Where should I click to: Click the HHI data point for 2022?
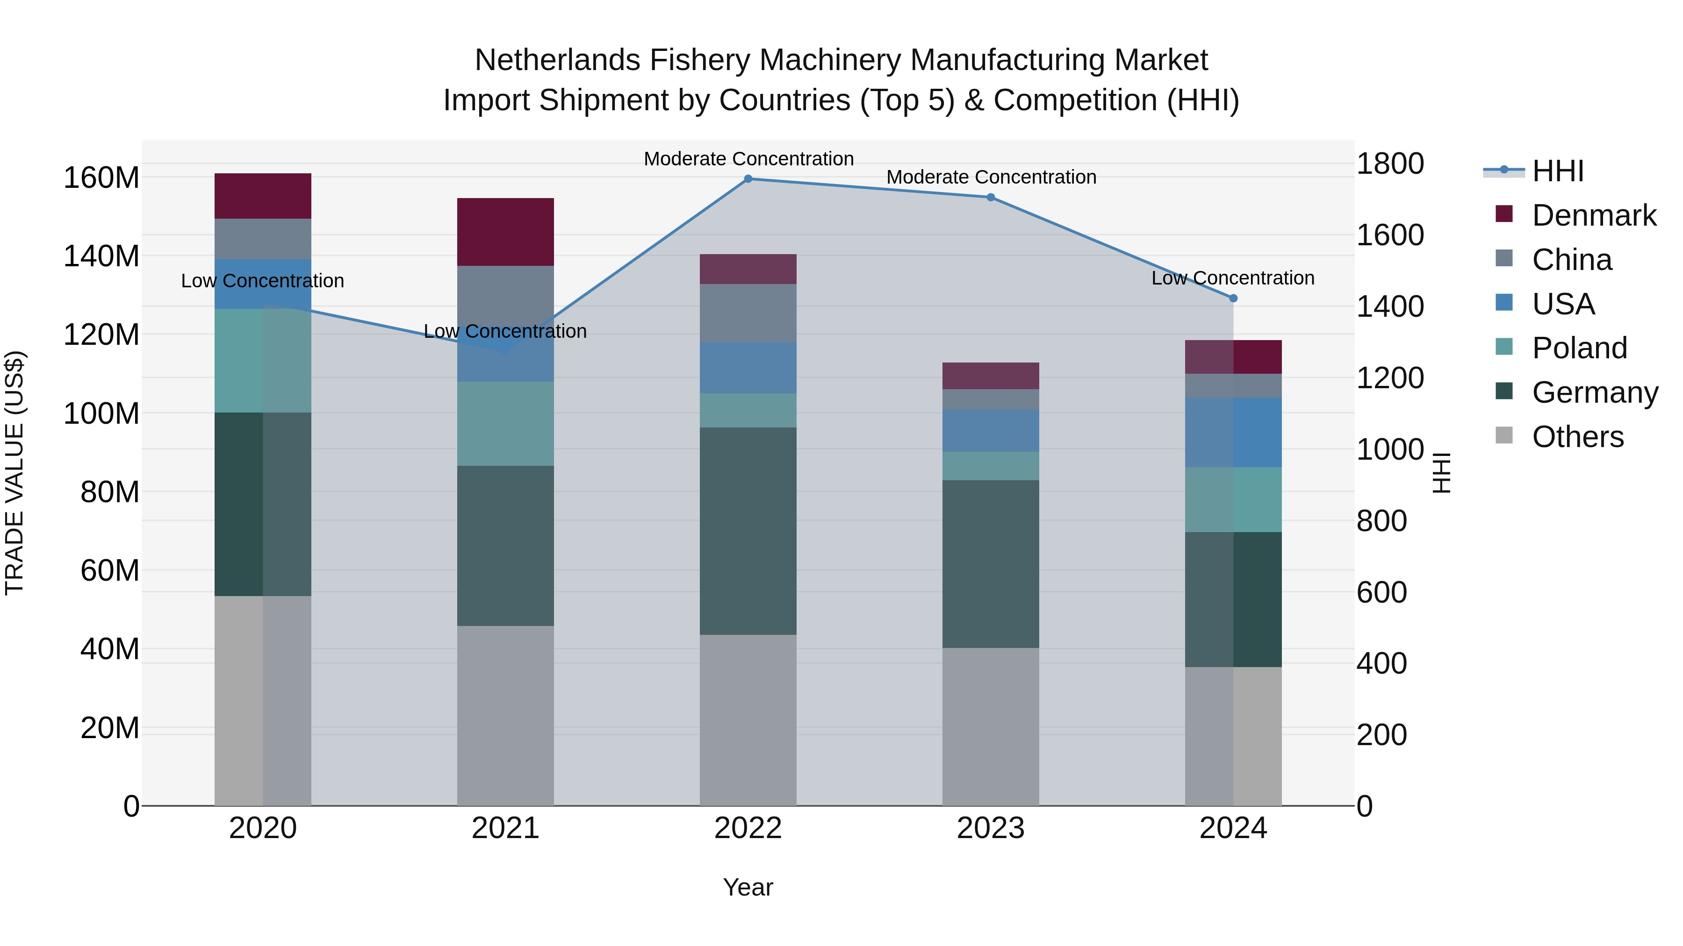pyautogui.click(x=748, y=178)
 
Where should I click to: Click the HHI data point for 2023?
pyautogui.click(x=991, y=197)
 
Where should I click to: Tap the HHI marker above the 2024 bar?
pyautogui.click(x=1233, y=299)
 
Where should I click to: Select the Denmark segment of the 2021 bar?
pyautogui.click(x=505, y=232)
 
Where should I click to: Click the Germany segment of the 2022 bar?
pyautogui.click(x=748, y=531)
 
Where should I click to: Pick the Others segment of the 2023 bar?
pyautogui.click(x=991, y=726)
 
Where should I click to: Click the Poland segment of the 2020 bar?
pyautogui.click(x=263, y=360)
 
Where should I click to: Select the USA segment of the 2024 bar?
pyautogui.click(x=1233, y=432)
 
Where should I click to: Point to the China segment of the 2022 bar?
pyautogui.click(x=748, y=313)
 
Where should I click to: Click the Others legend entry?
pyautogui.click(x=1577, y=437)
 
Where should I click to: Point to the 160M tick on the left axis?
pyautogui.click(x=101, y=178)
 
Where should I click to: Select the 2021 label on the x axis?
pyautogui.click(x=505, y=828)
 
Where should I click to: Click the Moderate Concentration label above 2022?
pyautogui.click(x=748, y=159)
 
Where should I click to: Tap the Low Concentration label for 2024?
pyautogui.click(x=1232, y=278)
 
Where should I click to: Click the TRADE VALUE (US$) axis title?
pyautogui.click(x=14, y=473)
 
